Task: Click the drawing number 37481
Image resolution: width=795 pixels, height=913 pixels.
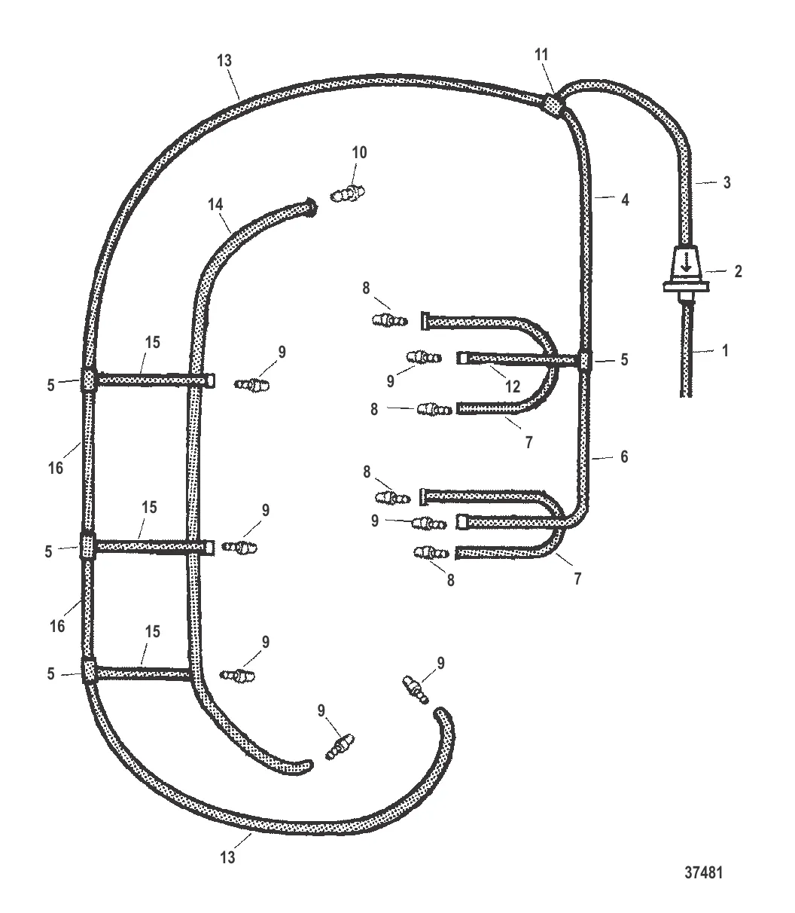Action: click(x=703, y=872)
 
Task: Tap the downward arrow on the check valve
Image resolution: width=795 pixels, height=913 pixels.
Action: click(x=686, y=263)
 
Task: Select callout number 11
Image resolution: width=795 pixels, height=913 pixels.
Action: click(x=541, y=55)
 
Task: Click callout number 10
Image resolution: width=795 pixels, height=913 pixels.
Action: click(x=359, y=153)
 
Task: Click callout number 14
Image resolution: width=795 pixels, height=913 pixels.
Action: click(x=215, y=204)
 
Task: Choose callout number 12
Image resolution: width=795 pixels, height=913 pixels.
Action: click(x=513, y=386)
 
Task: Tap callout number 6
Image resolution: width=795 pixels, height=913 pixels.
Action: click(x=624, y=456)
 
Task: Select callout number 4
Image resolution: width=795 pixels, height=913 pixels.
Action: click(x=625, y=200)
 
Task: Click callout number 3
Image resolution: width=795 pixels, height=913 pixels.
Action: click(x=726, y=182)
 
